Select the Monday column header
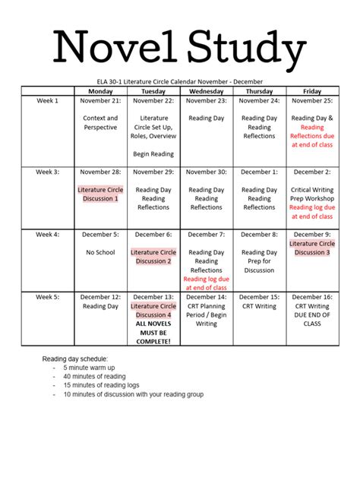click(x=100, y=91)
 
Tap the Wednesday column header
click(x=206, y=91)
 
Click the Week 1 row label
click(x=46, y=101)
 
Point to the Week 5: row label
click(x=46, y=297)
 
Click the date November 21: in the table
click(x=100, y=101)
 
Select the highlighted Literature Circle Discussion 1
click(x=100, y=194)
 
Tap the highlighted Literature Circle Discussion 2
click(x=153, y=257)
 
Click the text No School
click(x=100, y=252)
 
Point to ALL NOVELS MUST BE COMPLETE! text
click(x=153, y=332)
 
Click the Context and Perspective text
click(x=100, y=123)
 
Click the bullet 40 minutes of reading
click(x=94, y=376)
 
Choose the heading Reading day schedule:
click(x=74, y=358)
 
